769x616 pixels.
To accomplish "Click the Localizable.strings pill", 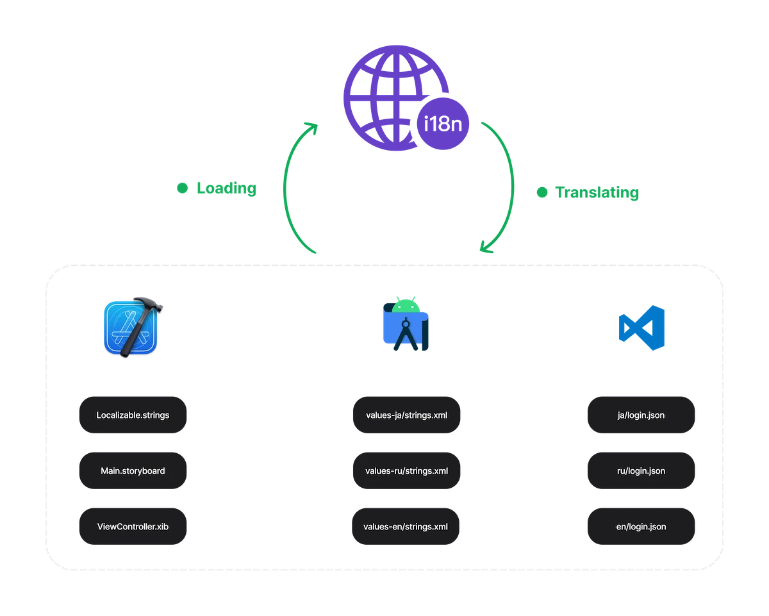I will click(133, 415).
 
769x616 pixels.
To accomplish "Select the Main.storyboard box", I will click(133, 471).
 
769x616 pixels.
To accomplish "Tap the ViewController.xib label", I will click(133, 527).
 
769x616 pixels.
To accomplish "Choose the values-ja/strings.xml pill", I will click(406, 415).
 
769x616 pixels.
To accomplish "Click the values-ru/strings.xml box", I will click(406, 471).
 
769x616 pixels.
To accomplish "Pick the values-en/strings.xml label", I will click(406, 527).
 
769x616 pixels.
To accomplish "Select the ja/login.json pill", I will click(641, 415).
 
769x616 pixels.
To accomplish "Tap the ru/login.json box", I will click(641, 471).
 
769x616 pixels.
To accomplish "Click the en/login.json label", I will click(641, 527).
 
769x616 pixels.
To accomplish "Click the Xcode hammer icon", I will click(133, 326).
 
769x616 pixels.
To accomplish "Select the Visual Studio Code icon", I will click(641, 327).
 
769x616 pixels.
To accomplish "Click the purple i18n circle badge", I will click(443, 125).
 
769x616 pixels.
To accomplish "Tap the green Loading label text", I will click(226, 189).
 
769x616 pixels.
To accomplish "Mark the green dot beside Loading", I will click(182, 189).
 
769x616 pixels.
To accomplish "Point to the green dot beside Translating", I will click(542, 192).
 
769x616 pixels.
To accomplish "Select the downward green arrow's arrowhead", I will click(485, 247).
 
